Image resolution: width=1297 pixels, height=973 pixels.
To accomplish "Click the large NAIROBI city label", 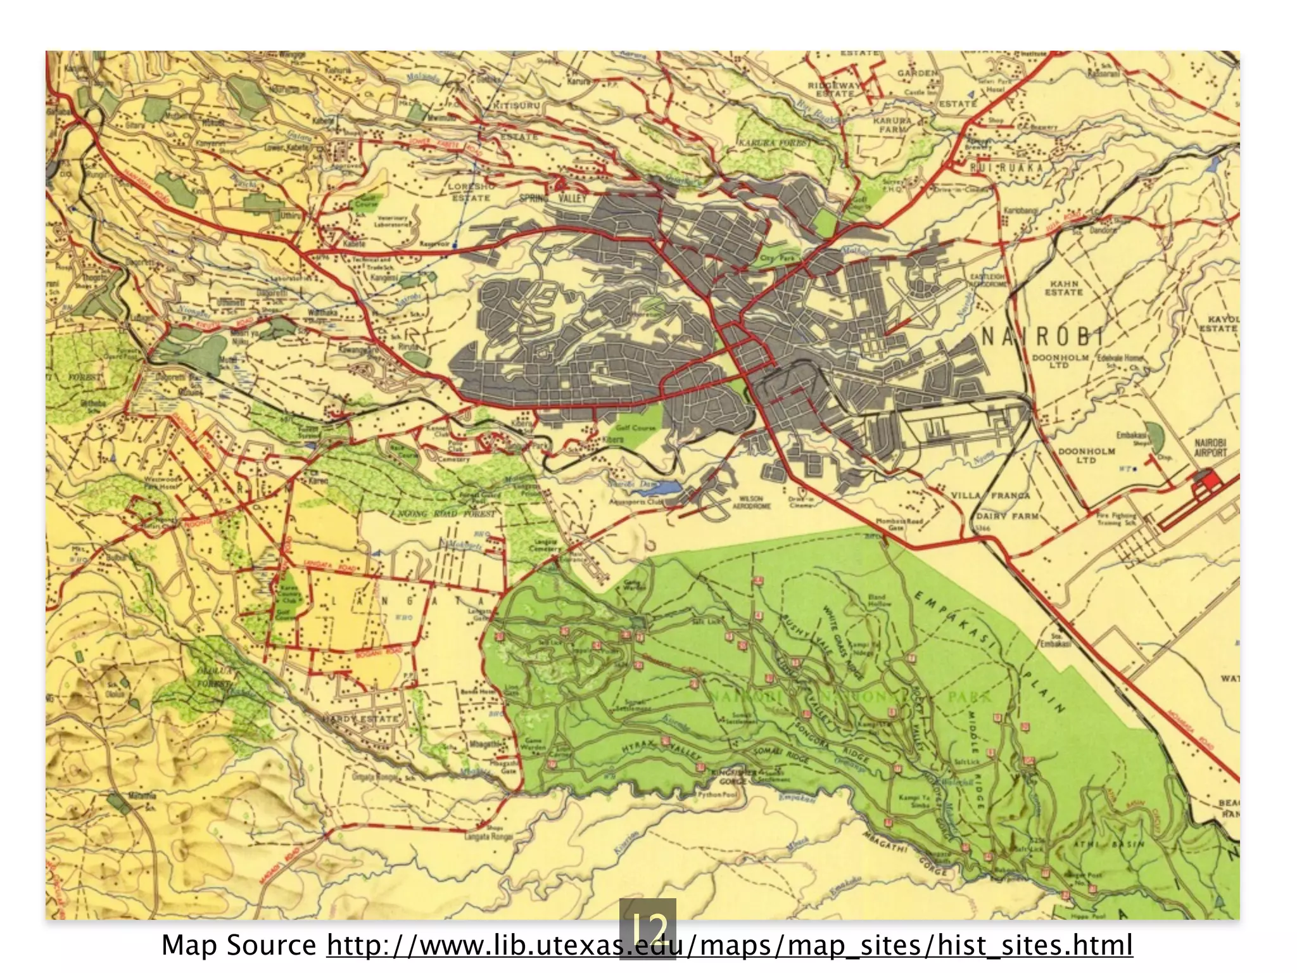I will [x=1042, y=337].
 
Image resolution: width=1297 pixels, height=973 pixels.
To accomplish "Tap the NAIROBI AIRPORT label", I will [x=1210, y=447].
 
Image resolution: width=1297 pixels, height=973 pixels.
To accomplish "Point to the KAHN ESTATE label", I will [x=1064, y=288].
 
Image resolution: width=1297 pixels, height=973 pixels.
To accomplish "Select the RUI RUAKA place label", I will [x=1006, y=167].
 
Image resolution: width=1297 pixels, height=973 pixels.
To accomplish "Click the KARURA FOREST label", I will [x=774, y=144].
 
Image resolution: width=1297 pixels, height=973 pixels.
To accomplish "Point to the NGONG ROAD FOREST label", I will [x=443, y=513].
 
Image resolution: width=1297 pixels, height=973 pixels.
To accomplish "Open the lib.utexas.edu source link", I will [x=729, y=945].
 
